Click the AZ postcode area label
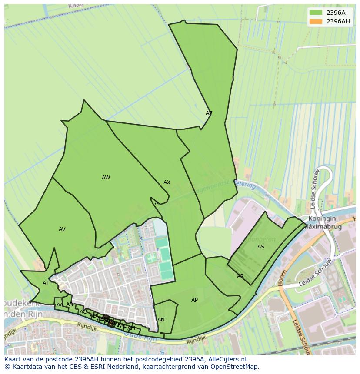point(209,113)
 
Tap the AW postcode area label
point(106,178)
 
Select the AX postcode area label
point(167,182)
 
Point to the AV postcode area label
point(62,229)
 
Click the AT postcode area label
point(46,283)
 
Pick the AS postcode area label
point(261,247)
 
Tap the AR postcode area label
point(240,276)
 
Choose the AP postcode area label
point(194,300)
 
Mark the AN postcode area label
point(161,320)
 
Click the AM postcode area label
point(131,328)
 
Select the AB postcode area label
point(70,304)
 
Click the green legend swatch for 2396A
point(316,13)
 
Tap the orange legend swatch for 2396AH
point(316,21)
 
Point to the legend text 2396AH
point(338,21)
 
